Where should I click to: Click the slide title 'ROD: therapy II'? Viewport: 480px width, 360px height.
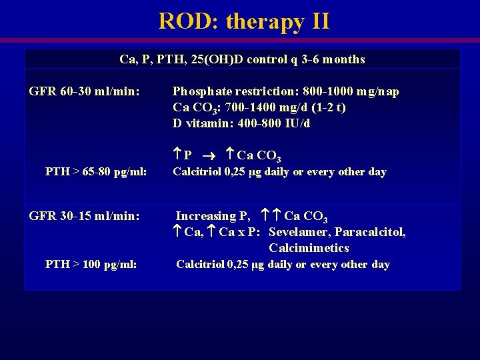pyautogui.click(x=243, y=21)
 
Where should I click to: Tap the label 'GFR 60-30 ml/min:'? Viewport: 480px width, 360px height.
pyautogui.click(x=85, y=91)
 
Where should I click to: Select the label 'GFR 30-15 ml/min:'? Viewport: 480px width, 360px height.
pyautogui.click(x=85, y=215)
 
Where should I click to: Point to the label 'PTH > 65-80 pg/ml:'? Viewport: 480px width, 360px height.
pyautogui.click(x=95, y=172)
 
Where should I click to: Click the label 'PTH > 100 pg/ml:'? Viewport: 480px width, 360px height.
pyautogui.click(x=91, y=264)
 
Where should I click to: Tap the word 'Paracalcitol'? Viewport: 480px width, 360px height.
pyautogui.click(x=370, y=232)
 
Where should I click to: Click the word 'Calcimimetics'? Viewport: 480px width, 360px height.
pyautogui.click(x=309, y=248)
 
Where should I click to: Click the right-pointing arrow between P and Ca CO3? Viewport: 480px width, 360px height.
pyautogui.click(x=208, y=155)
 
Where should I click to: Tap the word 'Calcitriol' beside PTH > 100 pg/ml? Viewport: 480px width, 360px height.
pyautogui.click(x=200, y=264)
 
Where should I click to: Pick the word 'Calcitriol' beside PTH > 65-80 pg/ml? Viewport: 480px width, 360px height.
pyautogui.click(x=197, y=172)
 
